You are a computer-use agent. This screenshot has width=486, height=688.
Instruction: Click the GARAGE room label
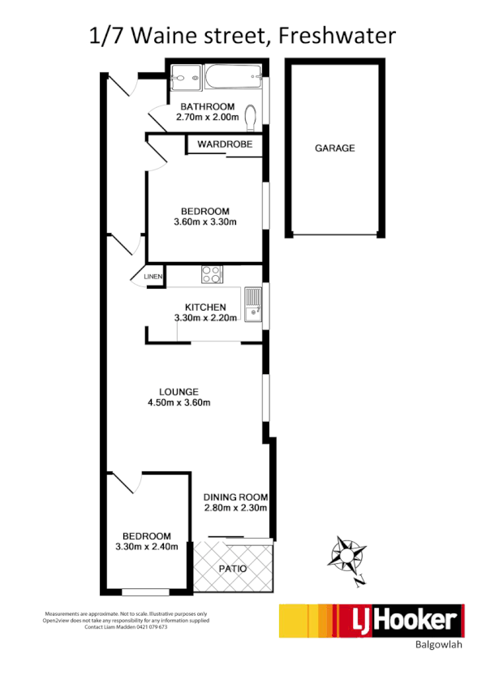(334, 148)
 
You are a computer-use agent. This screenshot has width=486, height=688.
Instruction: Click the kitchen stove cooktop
(211, 275)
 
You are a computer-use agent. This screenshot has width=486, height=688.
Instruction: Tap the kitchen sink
(252, 303)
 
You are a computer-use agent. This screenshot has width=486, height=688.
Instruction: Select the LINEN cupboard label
(153, 277)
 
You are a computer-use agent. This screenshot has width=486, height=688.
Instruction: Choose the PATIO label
(232, 569)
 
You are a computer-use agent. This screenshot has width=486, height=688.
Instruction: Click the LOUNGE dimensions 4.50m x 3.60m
(179, 402)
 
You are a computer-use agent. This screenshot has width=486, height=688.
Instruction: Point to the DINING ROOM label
(235, 497)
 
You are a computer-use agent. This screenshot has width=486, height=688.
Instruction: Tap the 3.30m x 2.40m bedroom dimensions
(147, 547)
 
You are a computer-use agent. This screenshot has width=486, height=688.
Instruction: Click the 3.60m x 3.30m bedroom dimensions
(205, 222)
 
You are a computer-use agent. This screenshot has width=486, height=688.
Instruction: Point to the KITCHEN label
(205, 307)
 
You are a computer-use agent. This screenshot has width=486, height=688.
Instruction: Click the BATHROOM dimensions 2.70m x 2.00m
(208, 118)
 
